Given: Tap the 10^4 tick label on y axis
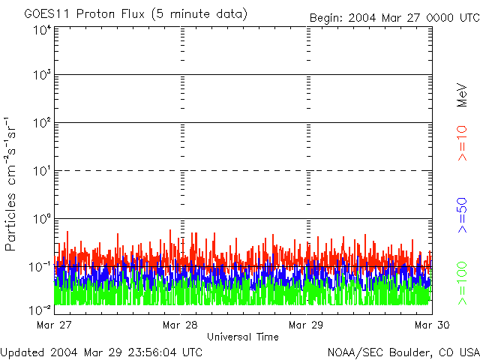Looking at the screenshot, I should (41, 30).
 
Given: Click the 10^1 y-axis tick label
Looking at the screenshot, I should (41, 172).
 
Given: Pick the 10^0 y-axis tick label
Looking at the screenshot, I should (41, 220).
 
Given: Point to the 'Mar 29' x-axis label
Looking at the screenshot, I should (307, 325).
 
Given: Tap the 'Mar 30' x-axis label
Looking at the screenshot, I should (431, 325).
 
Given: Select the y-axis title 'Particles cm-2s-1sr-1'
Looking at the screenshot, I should (13, 184).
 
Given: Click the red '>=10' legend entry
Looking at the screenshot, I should (463, 143).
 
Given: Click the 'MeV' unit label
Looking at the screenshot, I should (463, 93).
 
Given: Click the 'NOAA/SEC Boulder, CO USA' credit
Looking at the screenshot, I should (403, 352).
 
